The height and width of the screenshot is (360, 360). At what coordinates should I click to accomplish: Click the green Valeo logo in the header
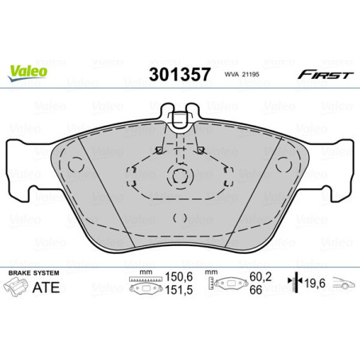pyautogui.click(x=28, y=71)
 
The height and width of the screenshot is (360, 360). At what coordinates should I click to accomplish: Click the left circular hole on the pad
pyautogui.click(x=76, y=165)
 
